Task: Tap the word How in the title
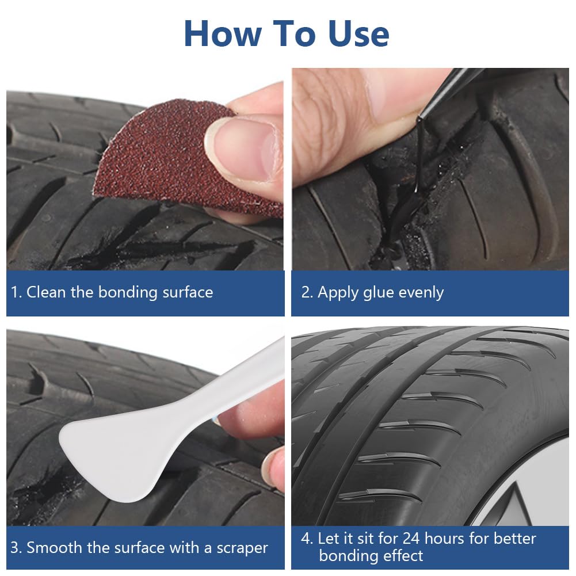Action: (x=223, y=33)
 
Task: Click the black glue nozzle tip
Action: (x=419, y=119)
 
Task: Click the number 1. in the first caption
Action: (x=17, y=292)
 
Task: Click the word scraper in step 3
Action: (x=242, y=548)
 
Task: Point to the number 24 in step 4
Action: (x=411, y=539)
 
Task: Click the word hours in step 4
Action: (x=444, y=539)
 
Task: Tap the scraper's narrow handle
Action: (x=235, y=382)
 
